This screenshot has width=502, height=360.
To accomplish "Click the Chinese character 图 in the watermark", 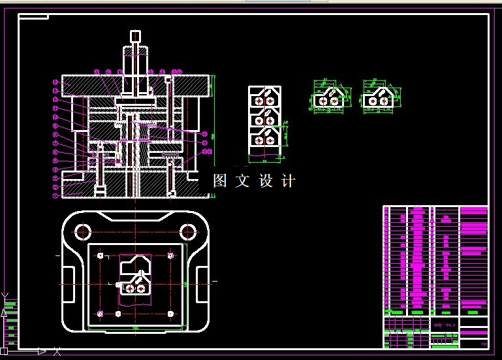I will pos(220,181).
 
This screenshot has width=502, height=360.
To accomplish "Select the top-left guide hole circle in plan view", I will pos(83,231).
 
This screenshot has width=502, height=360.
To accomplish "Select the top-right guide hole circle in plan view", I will pos(189,231).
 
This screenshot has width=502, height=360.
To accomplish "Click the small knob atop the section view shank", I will pos(135,35).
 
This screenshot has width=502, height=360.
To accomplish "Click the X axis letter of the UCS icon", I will pos(57,352).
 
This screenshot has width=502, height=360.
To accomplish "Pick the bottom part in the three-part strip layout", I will pos(264,139).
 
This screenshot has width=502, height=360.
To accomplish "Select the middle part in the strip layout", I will pos(264,119).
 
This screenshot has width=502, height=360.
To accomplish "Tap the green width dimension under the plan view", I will pos(136,327).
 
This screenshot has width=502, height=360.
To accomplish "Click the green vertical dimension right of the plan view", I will pos(185,284).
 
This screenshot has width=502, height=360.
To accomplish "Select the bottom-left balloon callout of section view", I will pos(55,195).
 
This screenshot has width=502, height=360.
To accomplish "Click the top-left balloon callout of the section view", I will pos(55,82).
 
